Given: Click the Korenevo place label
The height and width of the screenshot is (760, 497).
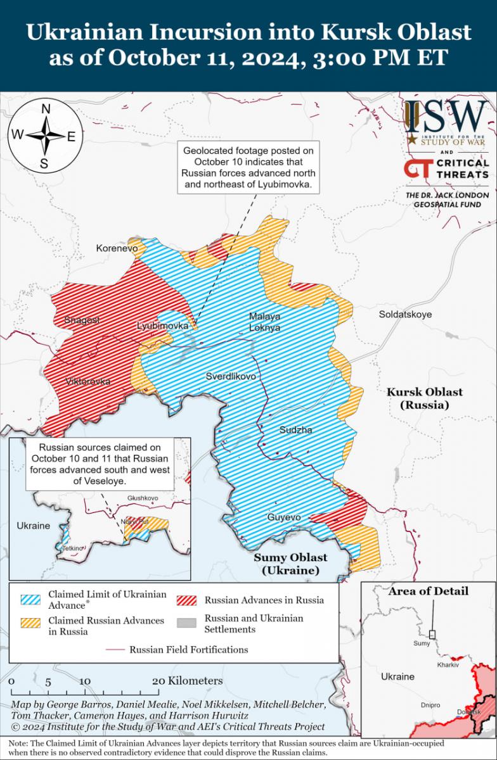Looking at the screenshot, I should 117,248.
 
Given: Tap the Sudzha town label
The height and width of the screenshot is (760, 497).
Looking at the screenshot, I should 296,430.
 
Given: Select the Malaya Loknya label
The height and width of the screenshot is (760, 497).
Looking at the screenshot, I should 264,322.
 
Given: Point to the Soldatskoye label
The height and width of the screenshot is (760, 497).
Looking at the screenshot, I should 405,314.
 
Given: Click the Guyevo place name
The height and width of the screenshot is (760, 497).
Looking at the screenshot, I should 283,517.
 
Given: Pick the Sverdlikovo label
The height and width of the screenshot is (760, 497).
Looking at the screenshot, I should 231,376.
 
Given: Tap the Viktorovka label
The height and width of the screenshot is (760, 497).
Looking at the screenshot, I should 87,381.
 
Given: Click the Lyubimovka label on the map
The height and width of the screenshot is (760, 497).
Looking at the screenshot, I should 163,325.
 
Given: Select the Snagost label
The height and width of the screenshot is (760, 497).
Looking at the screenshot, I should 82,320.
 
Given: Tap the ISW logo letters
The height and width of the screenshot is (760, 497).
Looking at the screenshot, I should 447,117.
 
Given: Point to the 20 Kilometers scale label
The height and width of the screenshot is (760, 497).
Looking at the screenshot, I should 188,681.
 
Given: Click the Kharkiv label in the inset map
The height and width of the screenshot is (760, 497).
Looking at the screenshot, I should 447,665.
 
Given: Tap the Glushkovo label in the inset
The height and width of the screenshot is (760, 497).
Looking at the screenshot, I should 142,498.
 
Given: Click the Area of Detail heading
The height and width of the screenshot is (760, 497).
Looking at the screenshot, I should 428,591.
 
